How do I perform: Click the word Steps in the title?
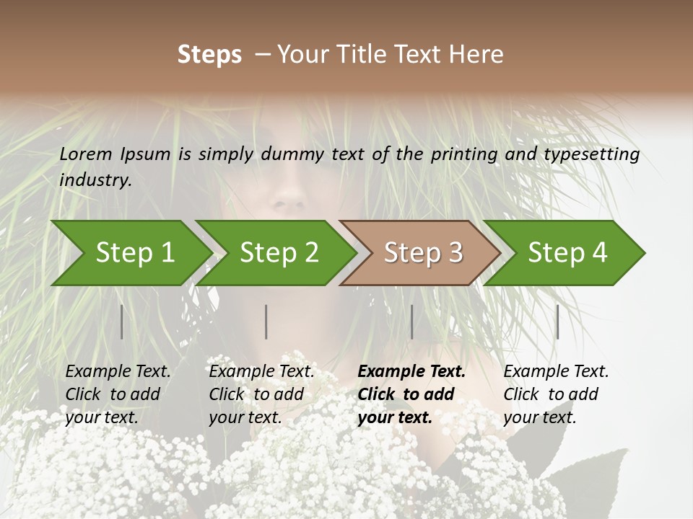[x=209, y=55]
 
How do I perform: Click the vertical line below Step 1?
[x=122, y=321]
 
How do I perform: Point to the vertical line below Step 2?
[x=266, y=321]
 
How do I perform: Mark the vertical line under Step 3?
[x=412, y=321]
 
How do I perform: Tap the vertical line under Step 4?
[x=557, y=321]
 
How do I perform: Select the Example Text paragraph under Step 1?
[x=118, y=394]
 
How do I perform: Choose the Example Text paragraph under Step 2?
[x=261, y=394]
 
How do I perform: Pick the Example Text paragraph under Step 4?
[x=556, y=394]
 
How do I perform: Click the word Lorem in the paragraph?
[x=86, y=154]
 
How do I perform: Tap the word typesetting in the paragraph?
[x=591, y=154]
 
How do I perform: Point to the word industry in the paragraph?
[x=95, y=180]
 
